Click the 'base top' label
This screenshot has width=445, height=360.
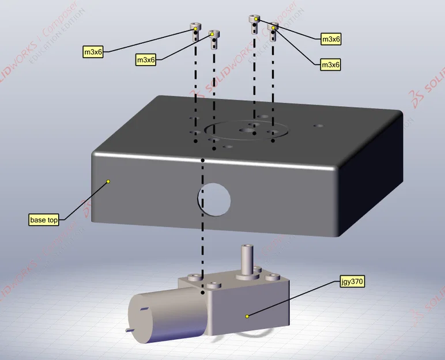pyautogui.click(x=44, y=220)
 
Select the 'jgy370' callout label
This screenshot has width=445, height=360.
pyautogui.click(x=352, y=282)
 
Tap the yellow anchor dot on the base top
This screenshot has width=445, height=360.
pyautogui.click(x=108, y=181)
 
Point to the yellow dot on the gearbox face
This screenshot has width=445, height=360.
pyautogui.click(x=247, y=316)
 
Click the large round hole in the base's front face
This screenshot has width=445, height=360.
pyautogui.click(x=214, y=199)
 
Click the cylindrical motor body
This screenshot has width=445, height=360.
pyautogui.click(x=167, y=315)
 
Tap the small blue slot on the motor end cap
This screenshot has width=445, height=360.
pyautogui.click(x=144, y=309)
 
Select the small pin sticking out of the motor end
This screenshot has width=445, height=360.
pyautogui.click(x=129, y=329)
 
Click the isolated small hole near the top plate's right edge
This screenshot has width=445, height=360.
pyautogui.click(x=318, y=126)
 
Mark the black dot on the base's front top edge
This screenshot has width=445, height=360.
pyautogui.click(x=203, y=160)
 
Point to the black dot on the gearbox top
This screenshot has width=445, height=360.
pyautogui.click(x=203, y=292)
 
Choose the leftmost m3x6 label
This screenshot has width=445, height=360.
pyautogui.click(x=93, y=52)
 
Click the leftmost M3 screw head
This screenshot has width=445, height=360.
pyautogui.click(x=196, y=26)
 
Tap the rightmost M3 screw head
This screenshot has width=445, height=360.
pyautogui.click(x=273, y=26)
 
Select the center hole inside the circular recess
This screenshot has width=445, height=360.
pyautogui.click(x=248, y=130)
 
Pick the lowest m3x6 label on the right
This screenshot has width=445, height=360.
pyautogui.click(x=331, y=65)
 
